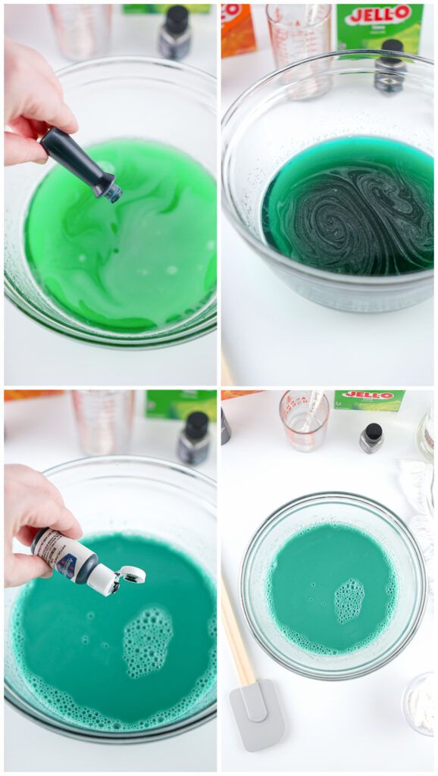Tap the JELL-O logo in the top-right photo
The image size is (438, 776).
(x=377, y=14)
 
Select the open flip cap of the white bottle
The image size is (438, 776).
(x=131, y=575)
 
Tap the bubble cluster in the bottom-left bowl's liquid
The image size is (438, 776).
(x=147, y=641)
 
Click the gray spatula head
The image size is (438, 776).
(x=257, y=713)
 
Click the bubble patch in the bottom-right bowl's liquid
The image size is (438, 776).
(x=349, y=601)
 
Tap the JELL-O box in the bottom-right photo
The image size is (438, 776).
(x=369, y=400)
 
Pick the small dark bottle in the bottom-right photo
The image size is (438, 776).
(x=371, y=437)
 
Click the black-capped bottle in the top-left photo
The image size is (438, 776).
(x=175, y=32)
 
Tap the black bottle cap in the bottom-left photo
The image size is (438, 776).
(x=197, y=425)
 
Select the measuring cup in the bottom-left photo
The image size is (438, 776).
(x=103, y=421)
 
